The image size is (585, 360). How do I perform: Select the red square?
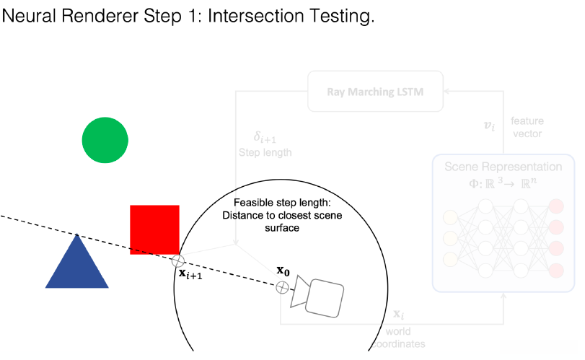pos(154,229)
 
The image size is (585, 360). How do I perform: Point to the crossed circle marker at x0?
pos(283,287)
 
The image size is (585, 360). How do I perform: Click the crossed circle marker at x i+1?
pos(178,261)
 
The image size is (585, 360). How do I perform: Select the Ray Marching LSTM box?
pos(375,91)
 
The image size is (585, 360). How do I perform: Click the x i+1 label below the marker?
pos(190,275)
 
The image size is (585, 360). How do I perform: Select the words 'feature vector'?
pos(526,126)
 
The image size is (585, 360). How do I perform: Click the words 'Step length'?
pos(265,153)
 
